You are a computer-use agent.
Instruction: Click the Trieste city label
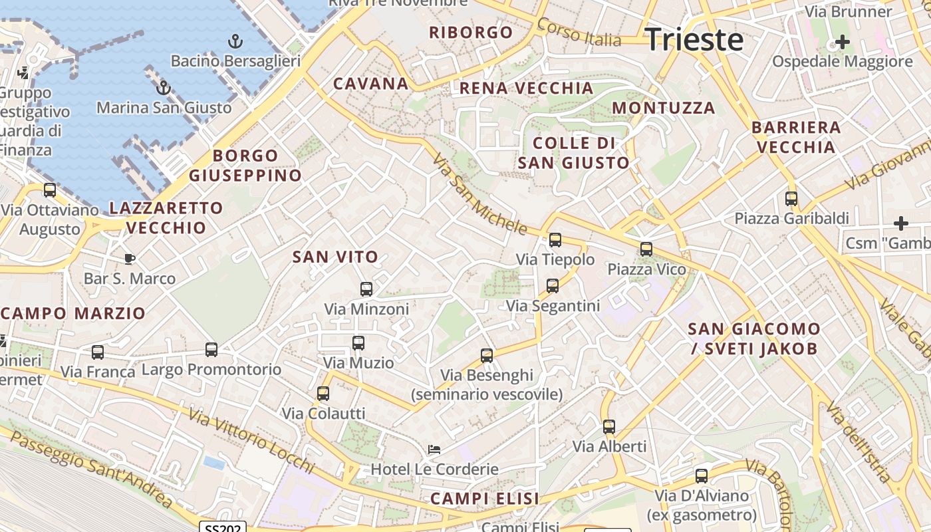click(694, 39)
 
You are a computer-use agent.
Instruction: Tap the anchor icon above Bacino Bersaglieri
click(235, 42)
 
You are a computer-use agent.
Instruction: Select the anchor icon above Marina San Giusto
click(163, 88)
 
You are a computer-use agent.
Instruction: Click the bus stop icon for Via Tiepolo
click(555, 240)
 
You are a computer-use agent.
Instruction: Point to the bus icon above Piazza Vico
click(646, 249)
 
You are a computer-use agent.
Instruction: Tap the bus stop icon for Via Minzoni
click(366, 289)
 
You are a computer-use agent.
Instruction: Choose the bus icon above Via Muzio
click(358, 343)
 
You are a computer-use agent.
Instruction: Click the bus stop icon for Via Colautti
click(323, 394)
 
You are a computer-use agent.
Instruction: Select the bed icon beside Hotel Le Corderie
click(434, 450)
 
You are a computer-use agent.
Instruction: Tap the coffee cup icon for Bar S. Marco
click(130, 259)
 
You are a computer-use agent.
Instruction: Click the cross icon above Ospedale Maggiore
click(842, 43)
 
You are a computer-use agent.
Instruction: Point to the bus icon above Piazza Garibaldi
click(791, 199)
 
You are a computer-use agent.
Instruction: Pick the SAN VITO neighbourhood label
click(335, 257)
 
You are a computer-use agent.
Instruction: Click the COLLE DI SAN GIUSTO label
click(573, 153)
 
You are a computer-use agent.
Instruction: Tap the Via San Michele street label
click(479, 195)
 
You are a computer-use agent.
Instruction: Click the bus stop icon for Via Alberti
click(609, 427)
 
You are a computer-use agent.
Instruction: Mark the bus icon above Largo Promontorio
click(211, 350)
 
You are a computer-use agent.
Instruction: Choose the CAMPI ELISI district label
click(484, 499)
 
